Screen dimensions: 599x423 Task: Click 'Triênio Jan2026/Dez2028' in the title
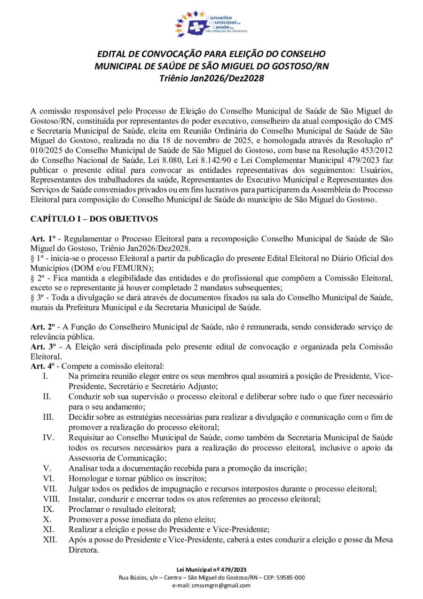[211, 78]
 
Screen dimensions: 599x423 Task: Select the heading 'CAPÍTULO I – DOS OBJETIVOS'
[94, 219]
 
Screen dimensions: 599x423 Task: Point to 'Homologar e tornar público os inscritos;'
[133, 478]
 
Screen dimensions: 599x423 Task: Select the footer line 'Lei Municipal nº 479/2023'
[211, 570]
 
